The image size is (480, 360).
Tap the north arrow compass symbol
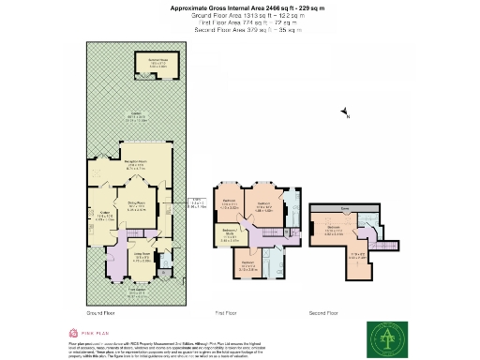coord(343,114)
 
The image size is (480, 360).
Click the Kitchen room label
coord(107,218)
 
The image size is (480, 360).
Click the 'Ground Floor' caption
coord(100,312)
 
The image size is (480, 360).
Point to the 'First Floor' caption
coord(229,312)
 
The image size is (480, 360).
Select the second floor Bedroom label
coord(332,228)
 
